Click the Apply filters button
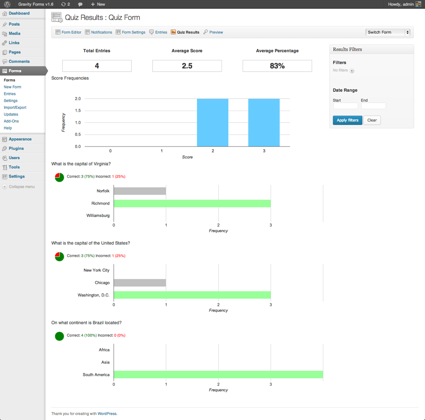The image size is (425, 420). point(347,120)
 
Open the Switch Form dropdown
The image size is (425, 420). point(388,32)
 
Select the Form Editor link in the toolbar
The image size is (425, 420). point(68,32)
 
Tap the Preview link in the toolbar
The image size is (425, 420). point(213,32)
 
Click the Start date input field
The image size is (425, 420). point(345,106)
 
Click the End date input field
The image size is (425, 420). point(373,106)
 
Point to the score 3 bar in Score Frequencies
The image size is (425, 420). point(264,122)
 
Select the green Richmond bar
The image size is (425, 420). point(192,203)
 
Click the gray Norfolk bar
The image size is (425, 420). point(140,191)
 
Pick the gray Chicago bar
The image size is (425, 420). point(140,283)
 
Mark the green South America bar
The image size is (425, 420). point(218,374)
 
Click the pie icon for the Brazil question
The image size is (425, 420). point(59,336)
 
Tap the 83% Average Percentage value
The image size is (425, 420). point(277,66)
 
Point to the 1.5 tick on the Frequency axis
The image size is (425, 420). point(78,110)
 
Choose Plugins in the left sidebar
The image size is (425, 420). point(16,149)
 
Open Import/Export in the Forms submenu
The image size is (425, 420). point(15,107)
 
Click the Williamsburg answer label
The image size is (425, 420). point(98,216)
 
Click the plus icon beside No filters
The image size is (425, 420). point(352,71)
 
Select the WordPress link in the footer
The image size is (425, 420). point(107,413)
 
